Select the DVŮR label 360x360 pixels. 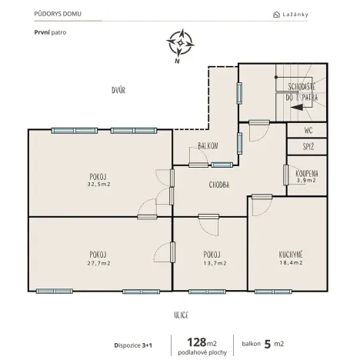[x=118, y=90]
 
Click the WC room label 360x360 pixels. [x=308, y=130]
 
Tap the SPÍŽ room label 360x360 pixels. [x=308, y=146]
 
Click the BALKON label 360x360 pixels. [x=207, y=145]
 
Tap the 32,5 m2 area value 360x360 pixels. [x=98, y=185]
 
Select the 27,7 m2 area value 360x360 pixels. [x=98, y=263]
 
